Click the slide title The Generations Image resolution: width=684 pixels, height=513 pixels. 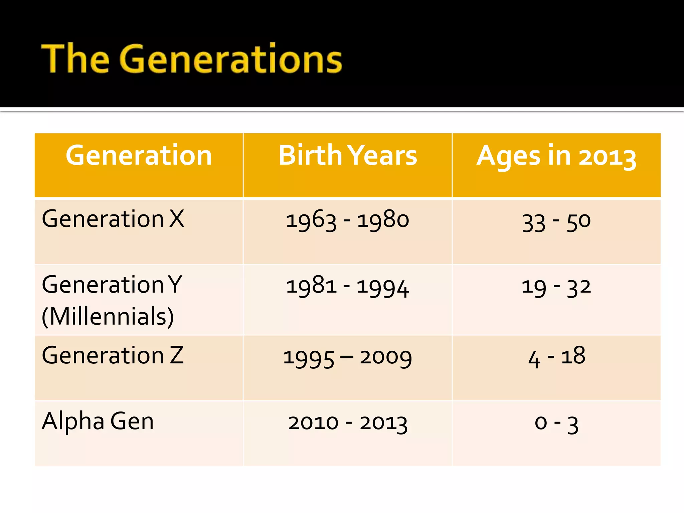click(192, 58)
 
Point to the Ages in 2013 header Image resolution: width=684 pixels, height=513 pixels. click(556, 156)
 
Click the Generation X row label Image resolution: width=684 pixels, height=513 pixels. click(113, 219)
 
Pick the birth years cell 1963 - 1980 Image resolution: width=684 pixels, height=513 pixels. click(347, 220)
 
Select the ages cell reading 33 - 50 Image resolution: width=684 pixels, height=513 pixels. click(556, 222)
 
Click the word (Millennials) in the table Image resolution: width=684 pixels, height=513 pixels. click(108, 316)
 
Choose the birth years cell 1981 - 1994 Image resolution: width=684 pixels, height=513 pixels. click(347, 287)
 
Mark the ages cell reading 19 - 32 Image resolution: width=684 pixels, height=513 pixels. click(556, 287)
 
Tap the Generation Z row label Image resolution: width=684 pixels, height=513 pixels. click(113, 355)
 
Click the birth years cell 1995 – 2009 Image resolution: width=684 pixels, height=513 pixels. click(347, 357)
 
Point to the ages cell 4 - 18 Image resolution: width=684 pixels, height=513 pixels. click(556, 357)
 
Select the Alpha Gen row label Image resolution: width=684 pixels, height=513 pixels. click(98, 421)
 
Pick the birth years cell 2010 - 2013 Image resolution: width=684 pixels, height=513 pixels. click(347, 423)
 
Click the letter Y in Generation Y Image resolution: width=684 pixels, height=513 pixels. click(175, 285)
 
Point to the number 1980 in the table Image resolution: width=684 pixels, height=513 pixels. click(383, 220)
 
